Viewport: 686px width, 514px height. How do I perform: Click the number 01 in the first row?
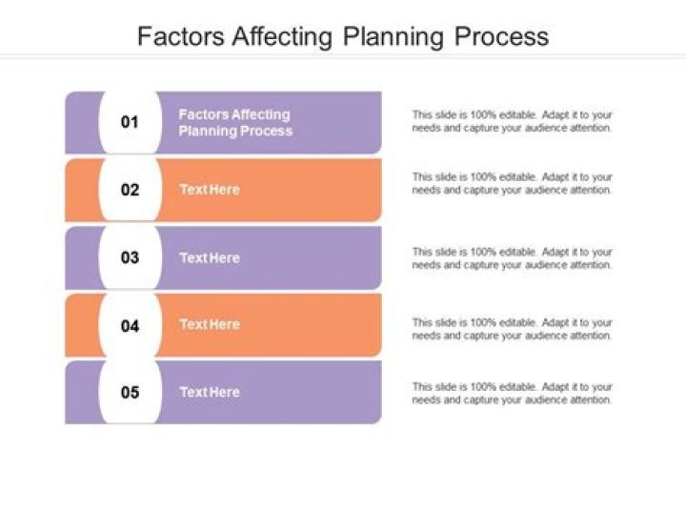pos(130,122)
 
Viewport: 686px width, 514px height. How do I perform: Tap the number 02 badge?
pos(130,190)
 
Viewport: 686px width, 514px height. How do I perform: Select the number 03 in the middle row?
pos(130,257)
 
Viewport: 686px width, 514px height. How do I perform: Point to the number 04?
pos(130,325)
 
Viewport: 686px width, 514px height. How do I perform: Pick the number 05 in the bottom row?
pos(130,392)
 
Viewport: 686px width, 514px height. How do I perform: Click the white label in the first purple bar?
pos(235,122)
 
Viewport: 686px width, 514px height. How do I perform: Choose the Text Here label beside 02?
pos(210,190)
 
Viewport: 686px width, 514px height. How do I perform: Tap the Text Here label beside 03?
pos(210,257)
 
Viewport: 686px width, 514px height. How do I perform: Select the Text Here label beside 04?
pos(210,325)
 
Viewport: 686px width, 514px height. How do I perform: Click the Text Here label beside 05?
pos(210,392)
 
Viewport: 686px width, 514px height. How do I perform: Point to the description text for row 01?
pos(512,121)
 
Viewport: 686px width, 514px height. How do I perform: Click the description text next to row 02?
pos(512,183)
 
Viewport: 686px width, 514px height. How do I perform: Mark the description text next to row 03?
pos(512,258)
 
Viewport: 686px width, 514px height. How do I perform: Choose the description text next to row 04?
pos(512,329)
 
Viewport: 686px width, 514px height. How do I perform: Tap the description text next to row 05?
pos(512,393)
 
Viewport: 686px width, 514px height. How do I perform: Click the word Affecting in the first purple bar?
pos(261,114)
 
